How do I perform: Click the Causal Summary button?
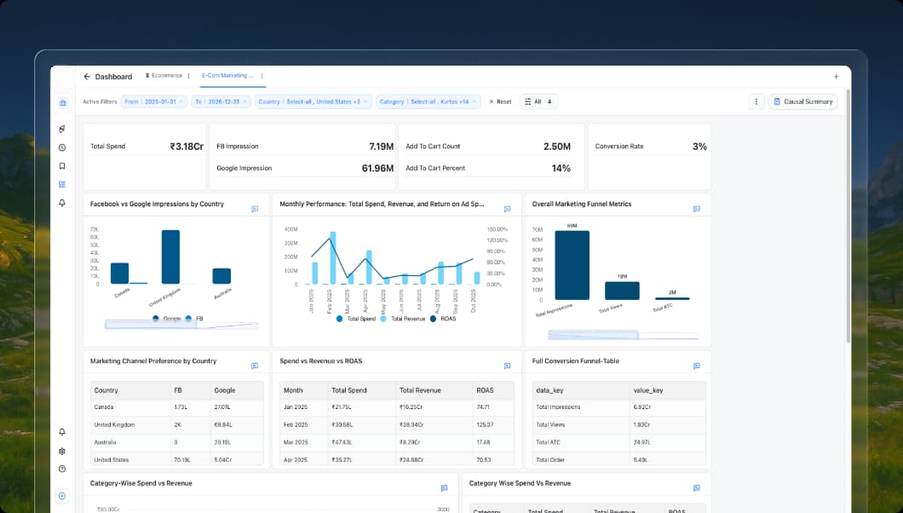click(x=802, y=101)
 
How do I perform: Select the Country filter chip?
click(x=312, y=101)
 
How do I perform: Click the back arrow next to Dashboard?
click(x=87, y=77)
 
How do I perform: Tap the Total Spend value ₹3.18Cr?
click(x=186, y=147)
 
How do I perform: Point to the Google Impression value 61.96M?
click(x=377, y=169)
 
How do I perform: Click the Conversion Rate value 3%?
click(x=699, y=147)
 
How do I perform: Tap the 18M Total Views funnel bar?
click(x=622, y=291)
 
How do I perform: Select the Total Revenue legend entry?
click(x=404, y=318)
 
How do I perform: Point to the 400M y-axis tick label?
click(x=290, y=229)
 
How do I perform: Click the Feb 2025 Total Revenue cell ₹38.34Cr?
click(x=417, y=424)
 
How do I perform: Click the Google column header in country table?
click(x=225, y=390)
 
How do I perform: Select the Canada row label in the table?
click(x=105, y=407)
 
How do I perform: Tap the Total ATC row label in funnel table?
click(x=547, y=442)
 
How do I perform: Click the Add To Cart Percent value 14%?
click(x=561, y=169)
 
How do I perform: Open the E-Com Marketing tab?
click(x=227, y=76)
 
